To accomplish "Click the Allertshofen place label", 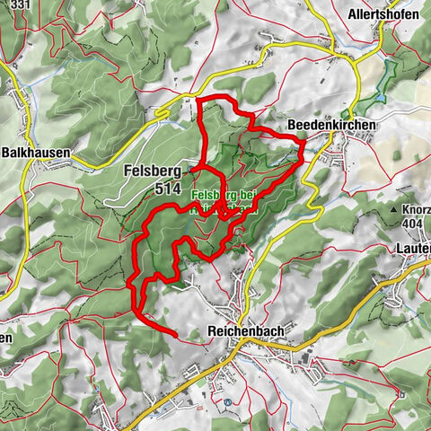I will click(383, 15).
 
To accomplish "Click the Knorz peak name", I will click(414, 208).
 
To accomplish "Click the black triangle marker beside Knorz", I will click(393, 208).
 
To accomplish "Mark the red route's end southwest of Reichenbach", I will click(174, 336).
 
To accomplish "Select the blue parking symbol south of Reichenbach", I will click(227, 402).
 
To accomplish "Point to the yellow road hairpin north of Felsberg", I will click(162, 112).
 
